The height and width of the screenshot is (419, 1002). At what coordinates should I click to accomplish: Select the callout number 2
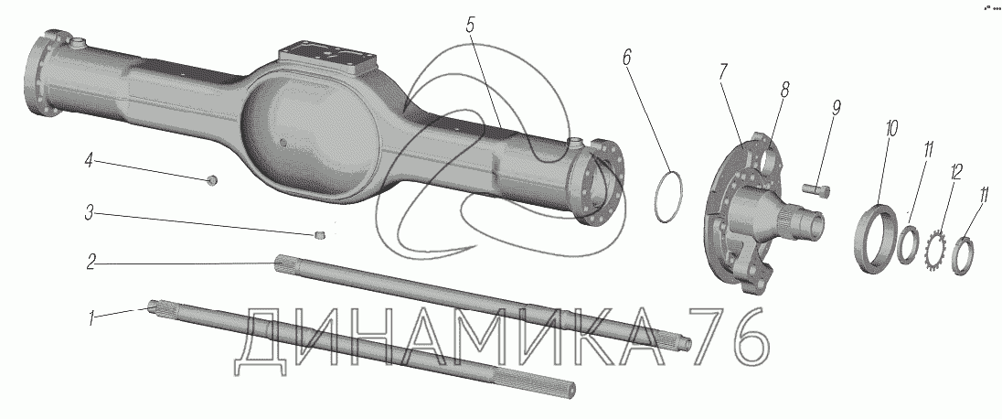tap(91, 263)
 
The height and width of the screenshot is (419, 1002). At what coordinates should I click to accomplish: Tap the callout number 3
tap(91, 212)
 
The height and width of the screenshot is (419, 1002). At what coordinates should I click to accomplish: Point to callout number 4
tap(88, 161)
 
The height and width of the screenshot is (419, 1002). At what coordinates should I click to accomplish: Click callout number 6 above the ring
tap(626, 57)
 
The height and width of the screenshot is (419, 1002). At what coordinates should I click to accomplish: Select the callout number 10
tap(891, 129)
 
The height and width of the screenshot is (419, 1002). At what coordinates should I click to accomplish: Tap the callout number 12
tap(955, 173)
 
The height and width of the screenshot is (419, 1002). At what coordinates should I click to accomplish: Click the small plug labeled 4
tap(213, 180)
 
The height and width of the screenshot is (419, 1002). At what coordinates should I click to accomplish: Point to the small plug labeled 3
tap(321, 237)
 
